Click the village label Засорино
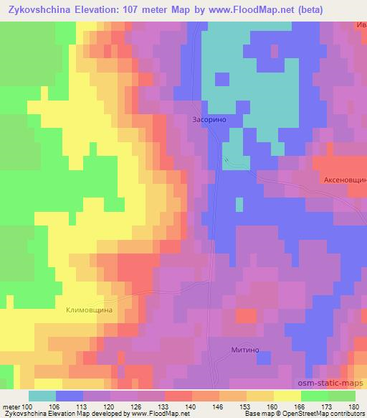pos(209,121)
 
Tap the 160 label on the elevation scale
pos(273,407)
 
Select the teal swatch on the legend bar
pos(42,396)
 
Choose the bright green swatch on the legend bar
pos(315,396)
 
